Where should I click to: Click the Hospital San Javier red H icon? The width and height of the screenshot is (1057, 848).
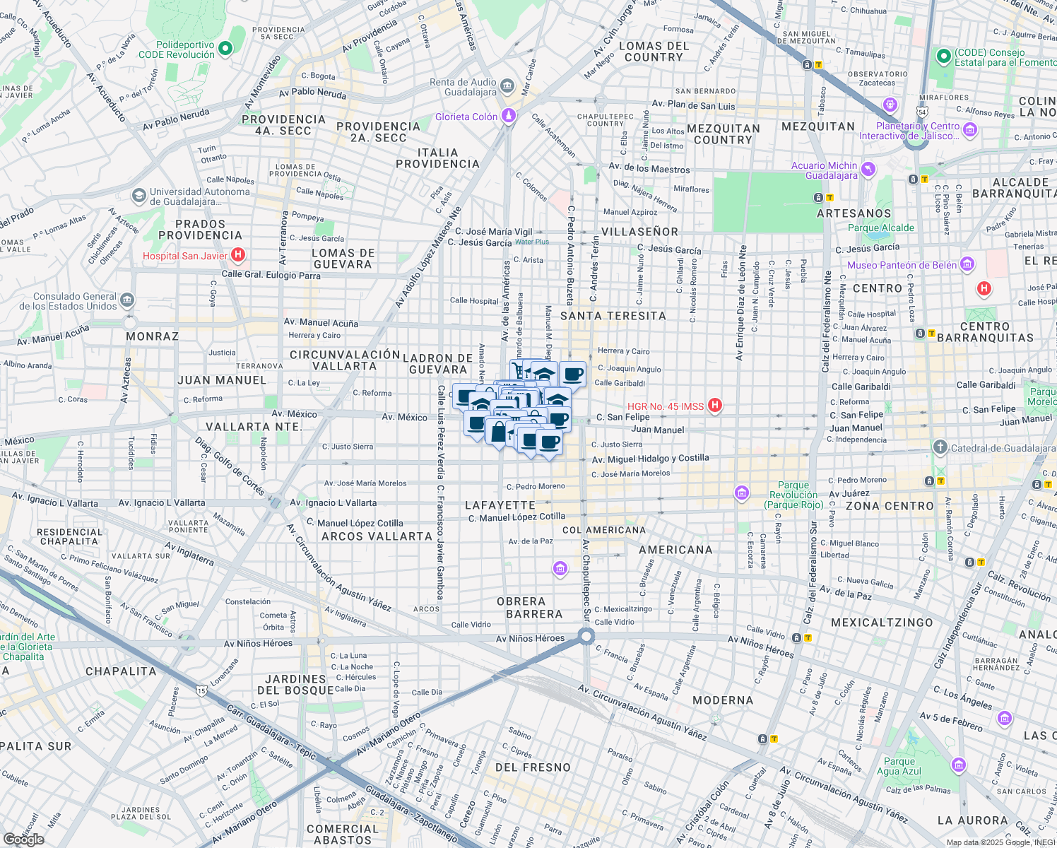click(238, 254)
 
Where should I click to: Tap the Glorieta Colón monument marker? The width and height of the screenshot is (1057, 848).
click(508, 116)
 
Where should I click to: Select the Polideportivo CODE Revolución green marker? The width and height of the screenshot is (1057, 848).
click(225, 49)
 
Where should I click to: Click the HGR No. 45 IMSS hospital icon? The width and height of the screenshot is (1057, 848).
click(715, 405)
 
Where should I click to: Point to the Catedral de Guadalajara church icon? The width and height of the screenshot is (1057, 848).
click(940, 447)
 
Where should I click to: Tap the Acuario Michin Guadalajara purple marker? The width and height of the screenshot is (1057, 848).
click(868, 170)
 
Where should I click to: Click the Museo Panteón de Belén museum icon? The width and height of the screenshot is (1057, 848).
click(967, 264)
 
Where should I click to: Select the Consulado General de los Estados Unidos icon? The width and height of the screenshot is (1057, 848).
click(126, 300)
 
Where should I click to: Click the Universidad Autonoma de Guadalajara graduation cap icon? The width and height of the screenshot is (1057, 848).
click(139, 195)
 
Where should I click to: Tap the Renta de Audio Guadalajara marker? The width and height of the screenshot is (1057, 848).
click(507, 87)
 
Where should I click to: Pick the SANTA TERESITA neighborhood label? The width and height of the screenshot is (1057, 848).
click(613, 316)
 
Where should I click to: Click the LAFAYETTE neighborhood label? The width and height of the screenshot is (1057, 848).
click(500, 505)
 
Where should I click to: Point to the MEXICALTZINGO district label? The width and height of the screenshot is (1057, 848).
click(882, 623)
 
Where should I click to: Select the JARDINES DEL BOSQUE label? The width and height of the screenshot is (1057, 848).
click(295, 685)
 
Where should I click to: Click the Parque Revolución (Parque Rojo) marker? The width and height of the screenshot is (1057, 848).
click(742, 493)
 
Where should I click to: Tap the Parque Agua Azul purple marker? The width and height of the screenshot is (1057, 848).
click(958, 765)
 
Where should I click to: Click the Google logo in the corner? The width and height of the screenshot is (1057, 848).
click(23, 839)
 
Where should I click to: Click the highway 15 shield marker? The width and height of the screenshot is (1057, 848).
click(202, 690)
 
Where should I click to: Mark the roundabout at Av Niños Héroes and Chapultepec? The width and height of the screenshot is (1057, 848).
click(586, 637)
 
